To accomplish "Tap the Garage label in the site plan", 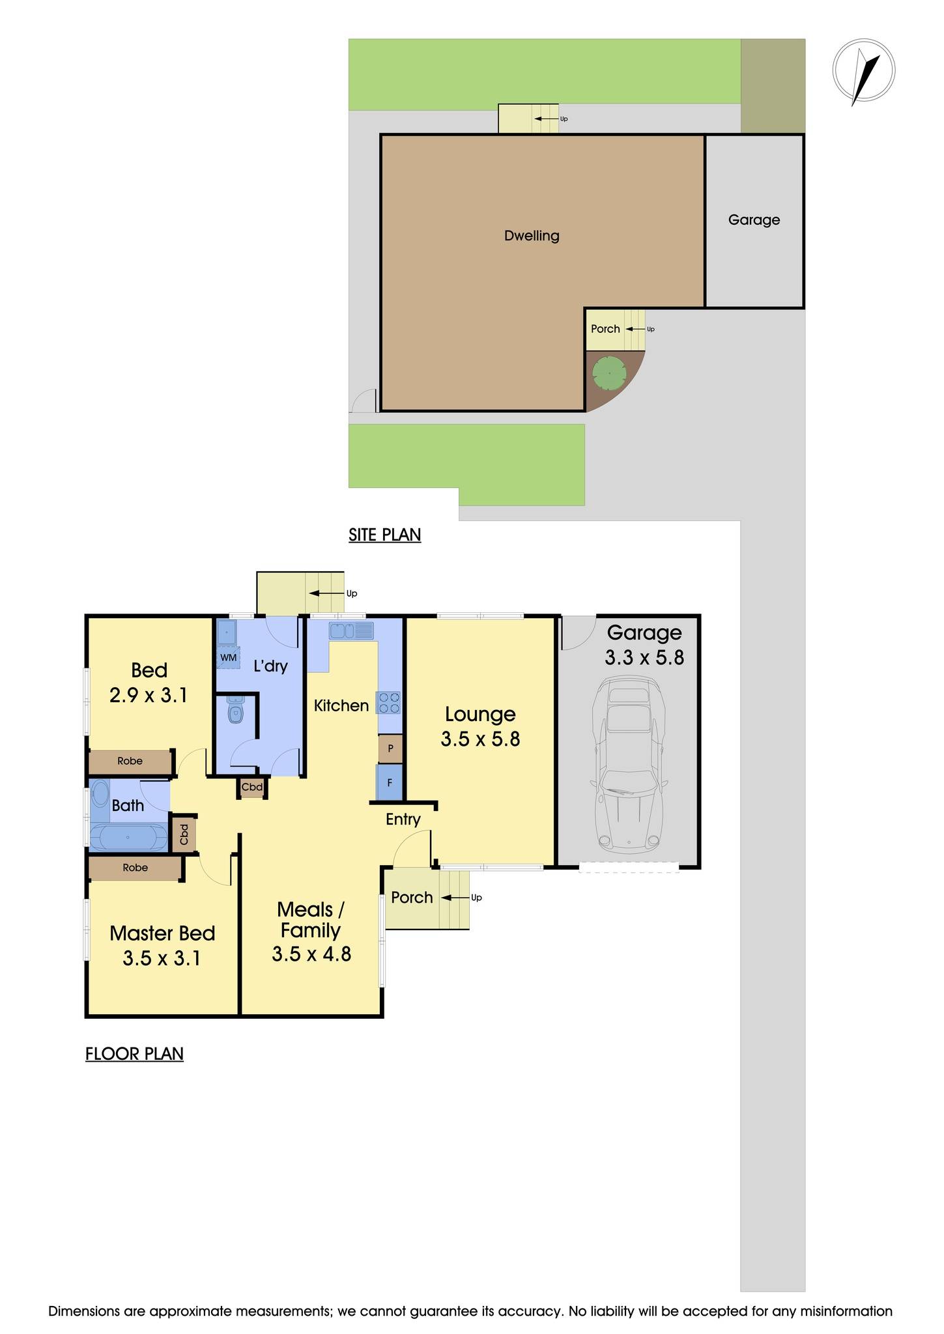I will coord(754,220).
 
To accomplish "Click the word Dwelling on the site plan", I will coord(532,236).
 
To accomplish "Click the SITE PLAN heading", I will coord(384,535).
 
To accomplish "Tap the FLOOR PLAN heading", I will coord(134,1054).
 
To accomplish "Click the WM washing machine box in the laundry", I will coord(228,657).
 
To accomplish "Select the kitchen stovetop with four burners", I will coord(390,703).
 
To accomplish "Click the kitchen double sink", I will coord(351,631).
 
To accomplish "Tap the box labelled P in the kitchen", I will coord(390,748).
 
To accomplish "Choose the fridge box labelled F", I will coord(390,783).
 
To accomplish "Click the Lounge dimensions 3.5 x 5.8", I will coord(480,739).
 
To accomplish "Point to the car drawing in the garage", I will coord(628,765).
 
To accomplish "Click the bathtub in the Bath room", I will coord(128,838).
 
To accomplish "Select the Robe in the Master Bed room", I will coord(135,868).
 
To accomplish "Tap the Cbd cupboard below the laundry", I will coord(252,788).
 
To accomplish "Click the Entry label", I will coord(403,819).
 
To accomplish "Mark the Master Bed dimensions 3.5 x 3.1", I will coord(162,958).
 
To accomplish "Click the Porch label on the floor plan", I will coord(412,898).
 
